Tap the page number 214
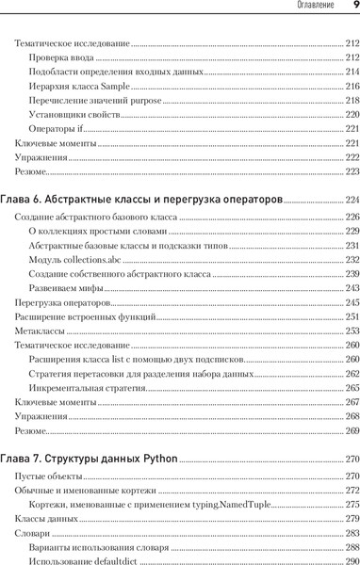(x=352, y=73)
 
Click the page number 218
(x=352, y=101)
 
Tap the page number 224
(x=352, y=201)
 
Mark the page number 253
(x=352, y=331)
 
